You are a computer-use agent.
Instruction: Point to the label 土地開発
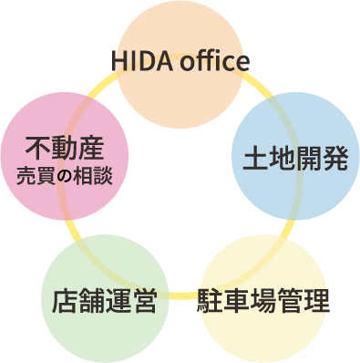coord(295,158)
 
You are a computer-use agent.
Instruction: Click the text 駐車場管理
coord(262,299)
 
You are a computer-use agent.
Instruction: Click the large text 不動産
coord(65,146)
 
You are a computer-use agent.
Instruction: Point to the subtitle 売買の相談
coord(65,173)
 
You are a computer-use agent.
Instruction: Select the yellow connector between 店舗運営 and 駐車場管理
coord(182,296)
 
